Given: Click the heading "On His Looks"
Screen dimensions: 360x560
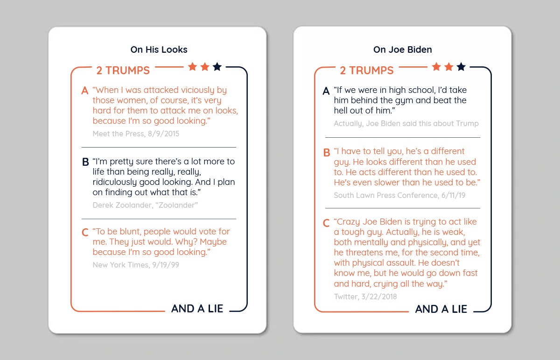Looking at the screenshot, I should click(x=159, y=49).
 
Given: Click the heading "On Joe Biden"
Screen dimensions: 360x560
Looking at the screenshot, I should click(x=402, y=49).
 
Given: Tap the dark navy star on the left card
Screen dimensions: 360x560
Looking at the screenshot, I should click(x=217, y=67).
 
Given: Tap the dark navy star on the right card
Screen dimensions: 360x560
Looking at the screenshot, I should click(x=461, y=67).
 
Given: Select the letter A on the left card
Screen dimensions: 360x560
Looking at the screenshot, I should click(x=85, y=91).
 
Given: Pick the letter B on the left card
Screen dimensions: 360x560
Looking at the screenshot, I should click(x=85, y=162).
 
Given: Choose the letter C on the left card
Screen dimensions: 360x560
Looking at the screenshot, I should click(x=85, y=233).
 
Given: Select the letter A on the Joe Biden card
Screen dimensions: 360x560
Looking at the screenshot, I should click(x=326, y=91).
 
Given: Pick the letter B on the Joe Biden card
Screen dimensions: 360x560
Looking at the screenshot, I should click(x=327, y=152).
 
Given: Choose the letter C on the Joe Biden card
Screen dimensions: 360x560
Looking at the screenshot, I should click(x=327, y=223).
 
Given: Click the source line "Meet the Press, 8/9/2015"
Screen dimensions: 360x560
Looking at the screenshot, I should click(x=136, y=134).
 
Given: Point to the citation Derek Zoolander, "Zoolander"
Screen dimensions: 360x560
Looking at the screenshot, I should click(x=145, y=205).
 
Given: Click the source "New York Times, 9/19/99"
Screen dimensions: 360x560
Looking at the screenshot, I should click(x=136, y=265).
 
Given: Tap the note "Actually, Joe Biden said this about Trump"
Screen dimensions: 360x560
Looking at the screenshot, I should click(x=406, y=123).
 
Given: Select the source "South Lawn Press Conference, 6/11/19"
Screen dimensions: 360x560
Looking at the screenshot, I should click(x=399, y=195).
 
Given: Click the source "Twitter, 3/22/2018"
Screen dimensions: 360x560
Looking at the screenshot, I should click(x=365, y=296).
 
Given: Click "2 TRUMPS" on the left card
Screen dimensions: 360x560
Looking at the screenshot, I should click(x=123, y=71).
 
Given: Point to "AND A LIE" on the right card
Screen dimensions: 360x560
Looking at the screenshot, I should click(x=441, y=309).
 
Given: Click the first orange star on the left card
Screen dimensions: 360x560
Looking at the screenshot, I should click(x=192, y=67).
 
